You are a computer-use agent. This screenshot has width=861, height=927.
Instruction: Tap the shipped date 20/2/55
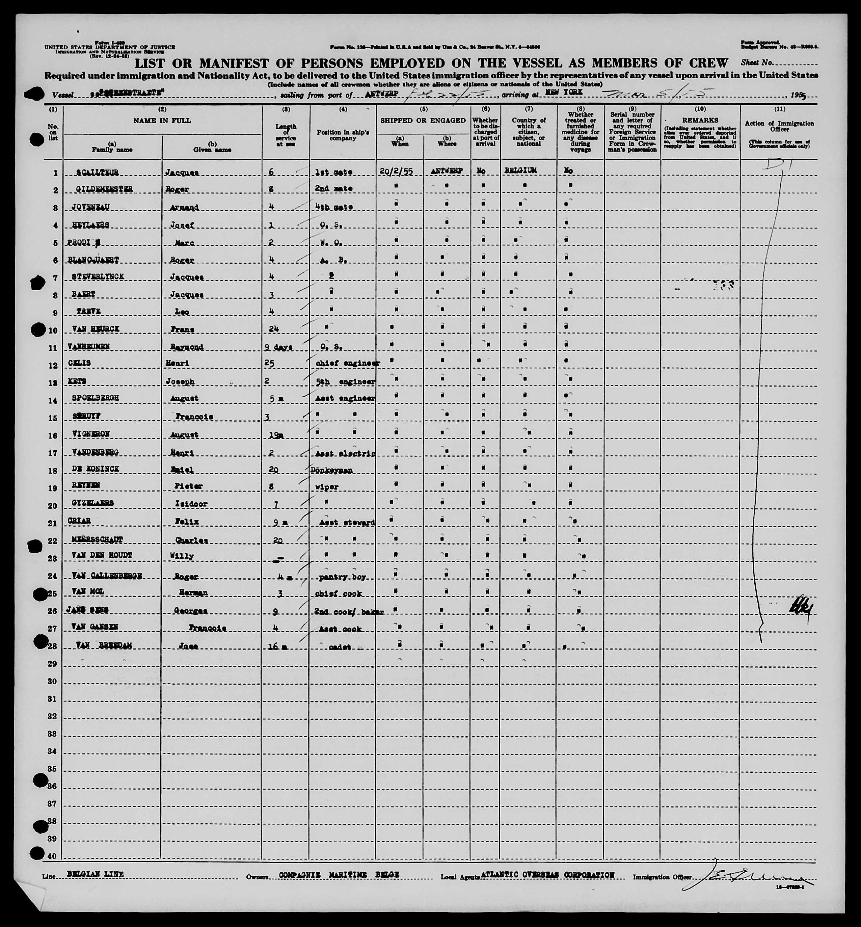pyautogui.click(x=396, y=171)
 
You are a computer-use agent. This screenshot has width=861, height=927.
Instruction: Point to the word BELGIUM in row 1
pyautogui.click(x=520, y=170)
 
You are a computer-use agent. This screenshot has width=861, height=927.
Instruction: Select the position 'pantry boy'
pyautogui.click(x=340, y=577)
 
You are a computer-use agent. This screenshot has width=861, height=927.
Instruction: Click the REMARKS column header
pyautogui.click(x=700, y=120)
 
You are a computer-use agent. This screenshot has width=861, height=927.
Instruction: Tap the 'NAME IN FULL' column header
pyautogui.click(x=162, y=121)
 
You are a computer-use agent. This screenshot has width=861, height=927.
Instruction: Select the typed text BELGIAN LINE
pyautogui.click(x=96, y=874)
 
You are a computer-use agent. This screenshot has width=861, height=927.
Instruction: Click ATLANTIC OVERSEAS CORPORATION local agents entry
pyautogui.click(x=547, y=875)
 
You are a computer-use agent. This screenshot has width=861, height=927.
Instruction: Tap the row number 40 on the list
pyautogui.click(x=52, y=857)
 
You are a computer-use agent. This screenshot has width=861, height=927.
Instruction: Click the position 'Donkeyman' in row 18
pyautogui.click(x=331, y=470)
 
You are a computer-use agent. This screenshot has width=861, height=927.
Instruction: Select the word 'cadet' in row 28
pyautogui.click(x=340, y=647)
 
